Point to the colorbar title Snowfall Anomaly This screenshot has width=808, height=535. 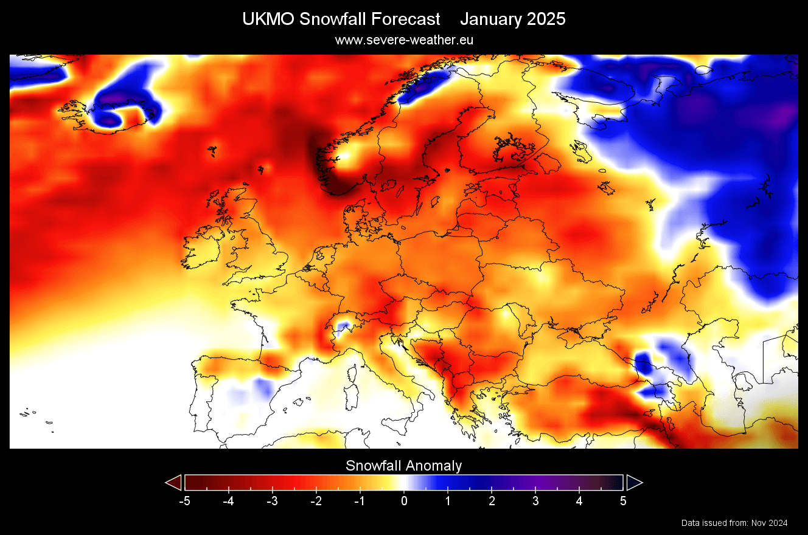click(x=404, y=466)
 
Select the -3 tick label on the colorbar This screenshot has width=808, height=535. click(x=272, y=502)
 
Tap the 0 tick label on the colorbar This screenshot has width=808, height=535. click(x=404, y=502)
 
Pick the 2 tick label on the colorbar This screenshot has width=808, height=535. click(x=492, y=502)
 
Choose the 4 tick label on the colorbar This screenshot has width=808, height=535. click(x=579, y=502)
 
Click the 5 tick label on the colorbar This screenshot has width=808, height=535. click(x=623, y=502)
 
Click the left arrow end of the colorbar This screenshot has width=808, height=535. click(x=174, y=483)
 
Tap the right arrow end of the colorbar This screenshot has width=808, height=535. click(x=634, y=483)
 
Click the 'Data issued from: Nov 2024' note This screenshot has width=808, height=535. click(x=734, y=523)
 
